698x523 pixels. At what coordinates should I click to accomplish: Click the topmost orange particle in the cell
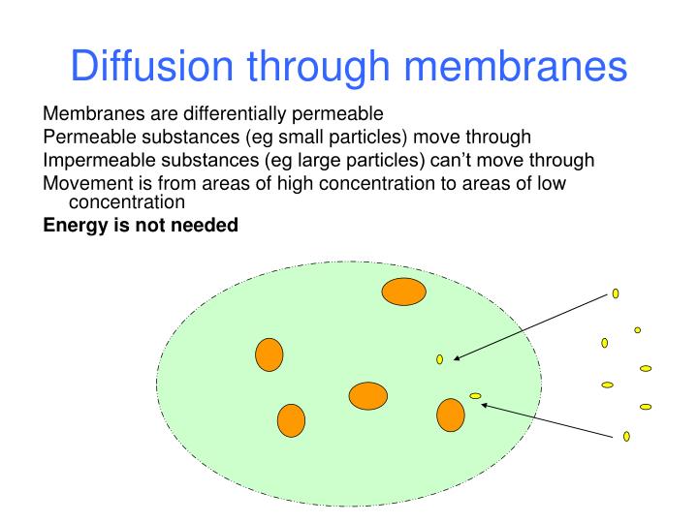point(403,291)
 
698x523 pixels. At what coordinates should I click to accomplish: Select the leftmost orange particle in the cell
point(269,354)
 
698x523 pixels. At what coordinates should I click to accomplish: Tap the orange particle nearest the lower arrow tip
point(451,414)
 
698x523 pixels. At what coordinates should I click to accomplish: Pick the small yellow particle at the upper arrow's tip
point(439,359)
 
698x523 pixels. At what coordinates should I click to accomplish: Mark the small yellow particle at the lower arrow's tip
point(475,395)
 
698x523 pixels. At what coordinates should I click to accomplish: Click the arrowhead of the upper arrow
point(457,357)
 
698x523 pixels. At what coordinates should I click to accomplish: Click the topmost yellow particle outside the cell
point(616,292)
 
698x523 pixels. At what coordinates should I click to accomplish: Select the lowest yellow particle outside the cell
point(626,436)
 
